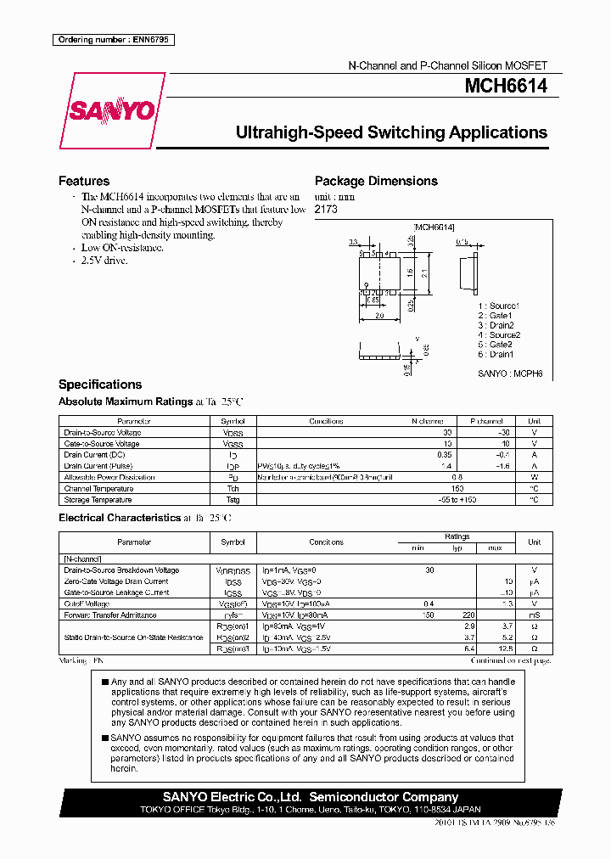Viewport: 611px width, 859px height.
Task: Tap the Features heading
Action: tap(83, 181)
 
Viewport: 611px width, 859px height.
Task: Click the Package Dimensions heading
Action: tap(376, 181)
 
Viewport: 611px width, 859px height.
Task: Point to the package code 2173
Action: tap(325, 209)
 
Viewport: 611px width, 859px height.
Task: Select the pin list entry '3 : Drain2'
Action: tap(496, 325)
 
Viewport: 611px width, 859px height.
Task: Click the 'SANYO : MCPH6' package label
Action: tap(509, 373)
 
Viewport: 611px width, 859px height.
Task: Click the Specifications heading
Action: tap(99, 385)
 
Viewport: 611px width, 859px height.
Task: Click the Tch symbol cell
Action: tap(233, 489)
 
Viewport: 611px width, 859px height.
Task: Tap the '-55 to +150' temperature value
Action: tap(457, 500)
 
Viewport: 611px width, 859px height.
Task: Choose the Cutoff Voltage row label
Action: tap(88, 604)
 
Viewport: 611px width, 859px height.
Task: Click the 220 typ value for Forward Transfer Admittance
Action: tap(466, 615)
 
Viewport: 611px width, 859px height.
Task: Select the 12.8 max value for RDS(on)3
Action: tap(507, 648)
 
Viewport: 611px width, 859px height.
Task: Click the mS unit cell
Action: tap(534, 615)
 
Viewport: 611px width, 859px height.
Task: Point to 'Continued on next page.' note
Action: tap(512, 660)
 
